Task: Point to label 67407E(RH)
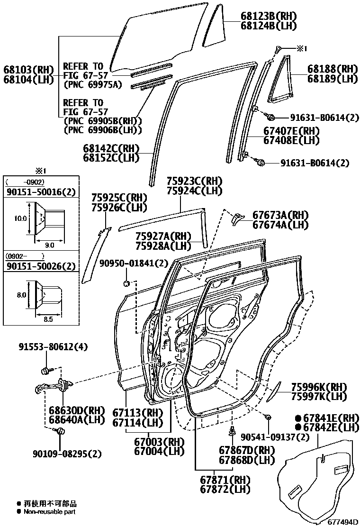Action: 292,131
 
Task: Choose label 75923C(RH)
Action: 194,181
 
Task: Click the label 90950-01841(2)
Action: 134,263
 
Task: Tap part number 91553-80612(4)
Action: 54,347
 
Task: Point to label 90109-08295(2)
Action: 67,454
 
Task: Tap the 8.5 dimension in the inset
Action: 48,319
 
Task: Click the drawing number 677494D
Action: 342,522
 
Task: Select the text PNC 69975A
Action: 92,85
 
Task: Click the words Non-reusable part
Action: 49,511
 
